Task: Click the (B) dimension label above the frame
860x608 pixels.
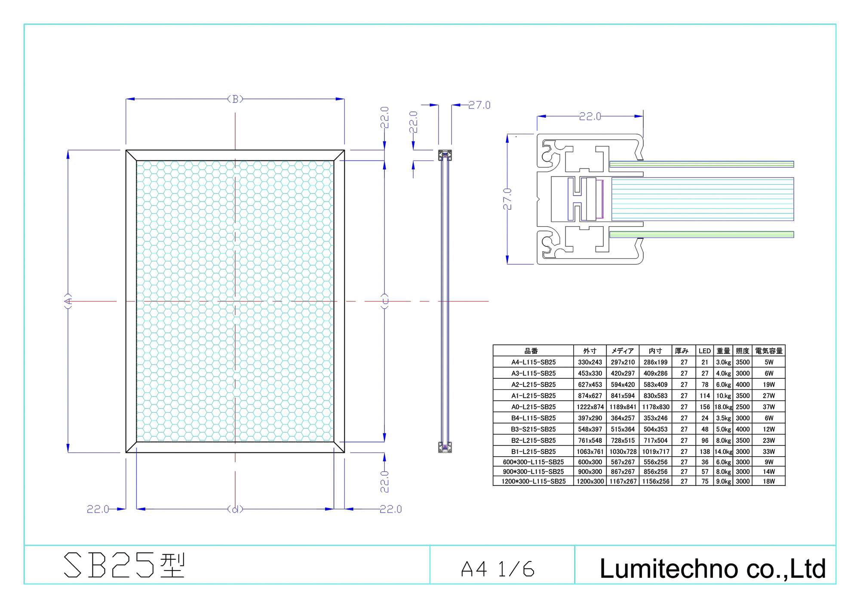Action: coord(235,99)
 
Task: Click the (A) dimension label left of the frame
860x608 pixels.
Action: coord(68,301)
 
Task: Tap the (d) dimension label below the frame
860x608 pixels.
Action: coord(235,509)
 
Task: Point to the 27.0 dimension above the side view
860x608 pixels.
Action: coord(479,105)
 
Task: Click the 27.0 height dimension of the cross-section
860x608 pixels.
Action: coord(507,199)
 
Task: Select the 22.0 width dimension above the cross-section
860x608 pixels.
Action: coord(590,116)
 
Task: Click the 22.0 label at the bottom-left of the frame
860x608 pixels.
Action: coord(98,509)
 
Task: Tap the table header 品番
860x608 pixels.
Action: coord(531,351)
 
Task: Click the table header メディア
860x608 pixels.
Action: coord(622,351)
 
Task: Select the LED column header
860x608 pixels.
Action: coord(704,351)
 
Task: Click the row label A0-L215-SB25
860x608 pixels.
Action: coord(533,407)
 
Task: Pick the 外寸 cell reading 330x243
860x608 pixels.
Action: coord(590,362)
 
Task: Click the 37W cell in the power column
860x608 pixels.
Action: coord(768,407)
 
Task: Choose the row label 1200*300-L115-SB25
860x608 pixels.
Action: coord(533,481)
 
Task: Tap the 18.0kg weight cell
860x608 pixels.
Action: coord(723,407)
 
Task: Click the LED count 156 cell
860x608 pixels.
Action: coord(704,407)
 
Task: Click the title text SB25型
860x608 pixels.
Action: coord(124,565)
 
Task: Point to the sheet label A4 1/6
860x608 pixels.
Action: coord(498,569)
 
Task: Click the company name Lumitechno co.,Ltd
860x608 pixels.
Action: coord(713,568)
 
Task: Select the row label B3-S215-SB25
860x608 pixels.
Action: coord(533,429)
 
